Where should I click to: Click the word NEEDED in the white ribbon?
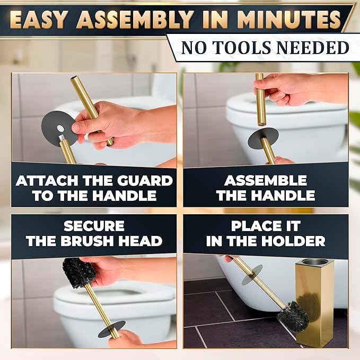click(315, 48)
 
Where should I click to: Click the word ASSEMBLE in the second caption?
click(266, 181)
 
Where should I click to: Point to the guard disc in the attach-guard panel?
click(59, 128)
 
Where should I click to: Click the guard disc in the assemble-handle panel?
click(259, 137)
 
